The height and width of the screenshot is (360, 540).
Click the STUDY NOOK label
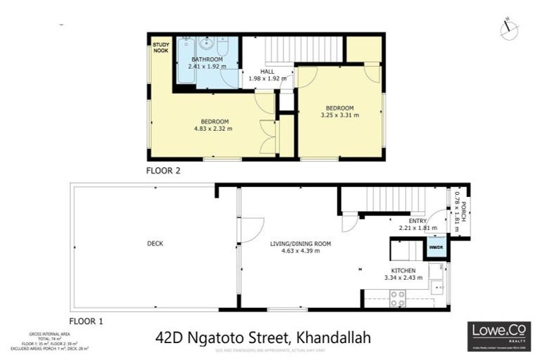[x=161, y=47]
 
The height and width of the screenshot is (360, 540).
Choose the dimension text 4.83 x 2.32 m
[x=213, y=129]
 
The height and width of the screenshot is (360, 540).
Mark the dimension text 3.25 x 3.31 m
[x=340, y=115]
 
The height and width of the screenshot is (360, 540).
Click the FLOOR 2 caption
[x=163, y=170]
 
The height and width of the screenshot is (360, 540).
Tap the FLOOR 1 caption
[x=86, y=321]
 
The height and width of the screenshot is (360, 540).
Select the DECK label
[x=155, y=243]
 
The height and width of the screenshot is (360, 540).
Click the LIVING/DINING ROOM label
[x=300, y=243]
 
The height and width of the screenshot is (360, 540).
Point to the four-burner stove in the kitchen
[x=398, y=298]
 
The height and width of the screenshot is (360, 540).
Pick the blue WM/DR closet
[x=435, y=247]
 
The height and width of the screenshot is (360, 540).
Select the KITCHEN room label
[x=404, y=270]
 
